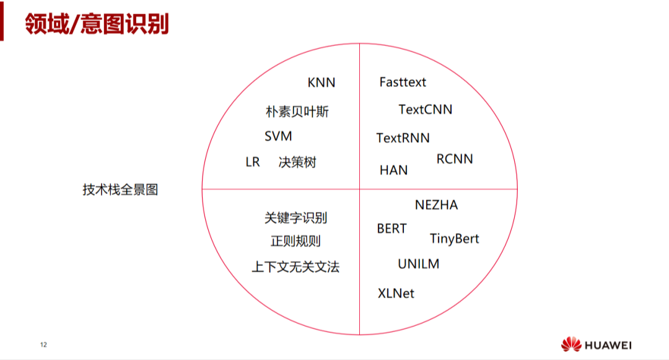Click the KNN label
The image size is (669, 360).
pos(321,83)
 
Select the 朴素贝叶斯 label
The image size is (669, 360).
pos(297,112)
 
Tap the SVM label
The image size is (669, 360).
pos(278,136)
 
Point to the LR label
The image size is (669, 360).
pos(253,162)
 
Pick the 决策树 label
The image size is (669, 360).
pos(297,162)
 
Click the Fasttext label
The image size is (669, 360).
pos(403,82)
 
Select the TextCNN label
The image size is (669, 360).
pos(425,110)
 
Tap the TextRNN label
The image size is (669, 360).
pos(403,138)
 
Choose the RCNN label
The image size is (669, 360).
pos(455,159)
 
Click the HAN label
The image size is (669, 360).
pos(393,170)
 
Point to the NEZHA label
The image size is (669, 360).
pos(436,205)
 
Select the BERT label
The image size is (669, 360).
pos(391,229)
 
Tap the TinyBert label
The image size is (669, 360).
pos(454,239)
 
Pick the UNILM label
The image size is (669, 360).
pos(418,264)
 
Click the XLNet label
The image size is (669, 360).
pos(396,293)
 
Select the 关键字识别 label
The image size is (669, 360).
pos(295,218)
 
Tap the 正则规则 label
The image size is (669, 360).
pos(295,242)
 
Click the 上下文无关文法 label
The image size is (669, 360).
pos(295,267)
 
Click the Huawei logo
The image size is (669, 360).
pos(596,345)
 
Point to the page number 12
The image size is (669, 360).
pos(43,345)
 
